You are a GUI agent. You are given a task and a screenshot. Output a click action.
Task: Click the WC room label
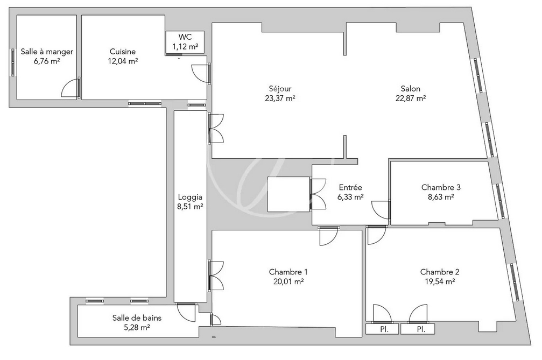pyautogui.click(x=185, y=37)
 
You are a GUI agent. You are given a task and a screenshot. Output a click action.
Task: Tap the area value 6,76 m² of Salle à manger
pyautogui.click(x=47, y=61)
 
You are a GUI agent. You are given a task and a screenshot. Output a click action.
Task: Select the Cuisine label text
pyautogui.click(x=123, y=52)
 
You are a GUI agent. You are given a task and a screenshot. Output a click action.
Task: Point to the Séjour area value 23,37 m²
pyautogui.click(x=280, y=98)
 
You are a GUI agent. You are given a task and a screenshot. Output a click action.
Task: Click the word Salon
pyautogui.click(x=410, y=88)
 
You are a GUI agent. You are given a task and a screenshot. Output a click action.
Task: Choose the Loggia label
pyautogui.click(x=190, y=197)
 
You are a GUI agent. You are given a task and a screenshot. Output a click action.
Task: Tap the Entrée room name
pyautogui.click(x=350, y=187)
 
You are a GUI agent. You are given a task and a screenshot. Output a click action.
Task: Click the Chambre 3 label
pyautogui.click(x=441, y=187)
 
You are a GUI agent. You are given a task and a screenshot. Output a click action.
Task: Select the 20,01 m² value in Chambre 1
pyautogui.click(x=288, y=281)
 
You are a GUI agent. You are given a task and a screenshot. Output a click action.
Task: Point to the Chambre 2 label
pyautogui.click(x=440, y=272)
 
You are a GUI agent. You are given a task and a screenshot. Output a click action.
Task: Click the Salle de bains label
pyautogui.click(x=137, y=318)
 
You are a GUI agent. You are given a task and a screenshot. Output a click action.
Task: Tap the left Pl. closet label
pyautogui.click(x=384, y=329)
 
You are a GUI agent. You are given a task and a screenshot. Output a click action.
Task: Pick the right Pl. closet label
pyautogui.click(x=421, y=329)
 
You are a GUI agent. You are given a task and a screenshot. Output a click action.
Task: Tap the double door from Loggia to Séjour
pyautogui.click(x=216, y=129)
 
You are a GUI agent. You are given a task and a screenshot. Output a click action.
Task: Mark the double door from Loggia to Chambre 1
pyautogui.click(x=216, y=276)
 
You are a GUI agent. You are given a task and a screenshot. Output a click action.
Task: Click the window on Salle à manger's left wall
pyautogui.click(x=13, y=62)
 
